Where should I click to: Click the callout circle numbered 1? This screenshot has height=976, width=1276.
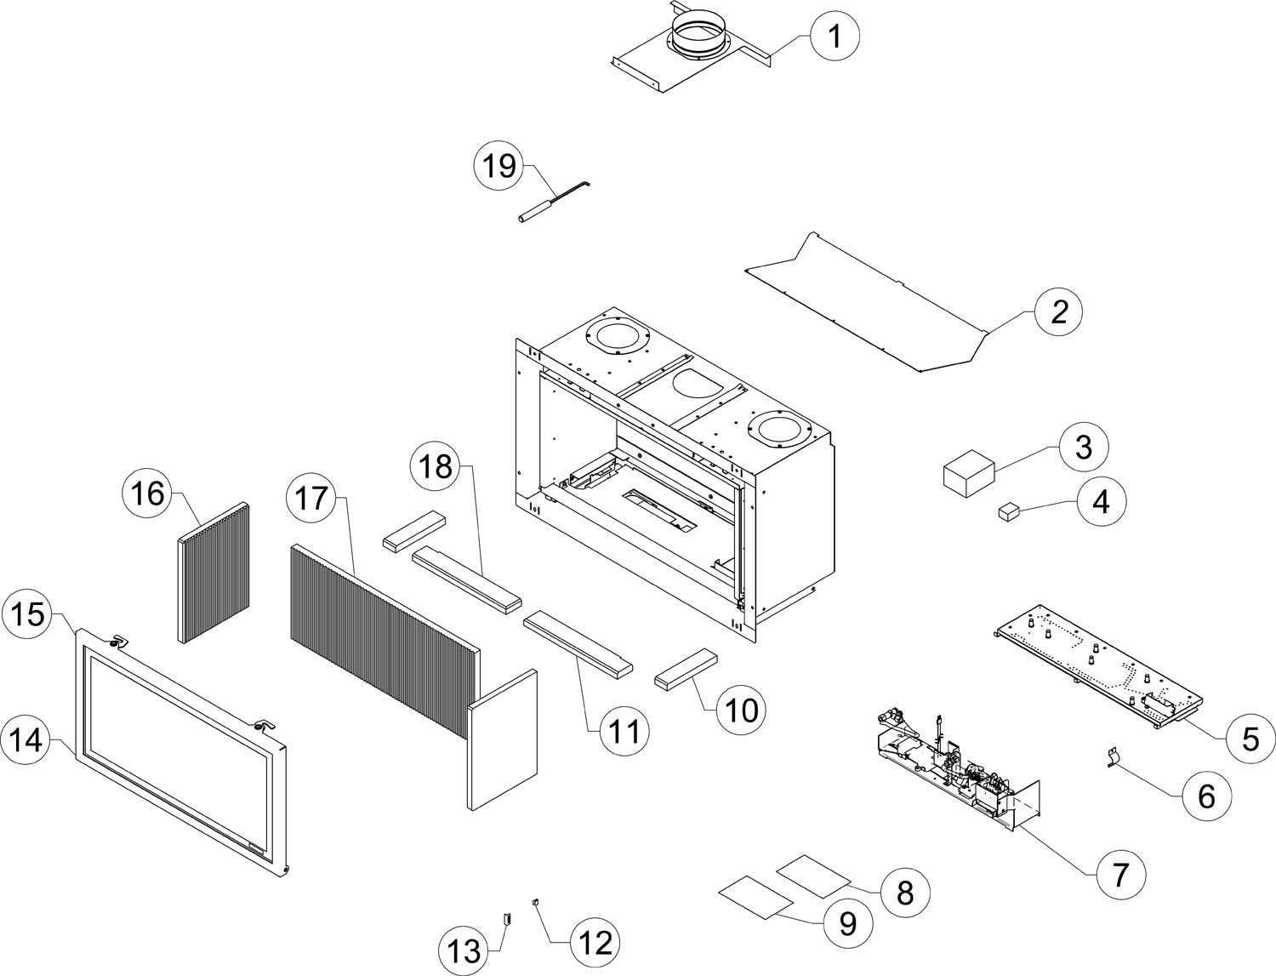835,37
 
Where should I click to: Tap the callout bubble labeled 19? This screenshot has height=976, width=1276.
499,165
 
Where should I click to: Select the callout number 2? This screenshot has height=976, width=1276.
1058,312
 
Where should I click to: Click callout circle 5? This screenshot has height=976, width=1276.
1250,739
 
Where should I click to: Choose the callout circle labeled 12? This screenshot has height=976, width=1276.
595,942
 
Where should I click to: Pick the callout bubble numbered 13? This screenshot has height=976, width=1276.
465,950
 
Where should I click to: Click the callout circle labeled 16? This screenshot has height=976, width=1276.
148,493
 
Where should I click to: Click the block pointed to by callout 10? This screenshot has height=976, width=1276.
686,668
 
